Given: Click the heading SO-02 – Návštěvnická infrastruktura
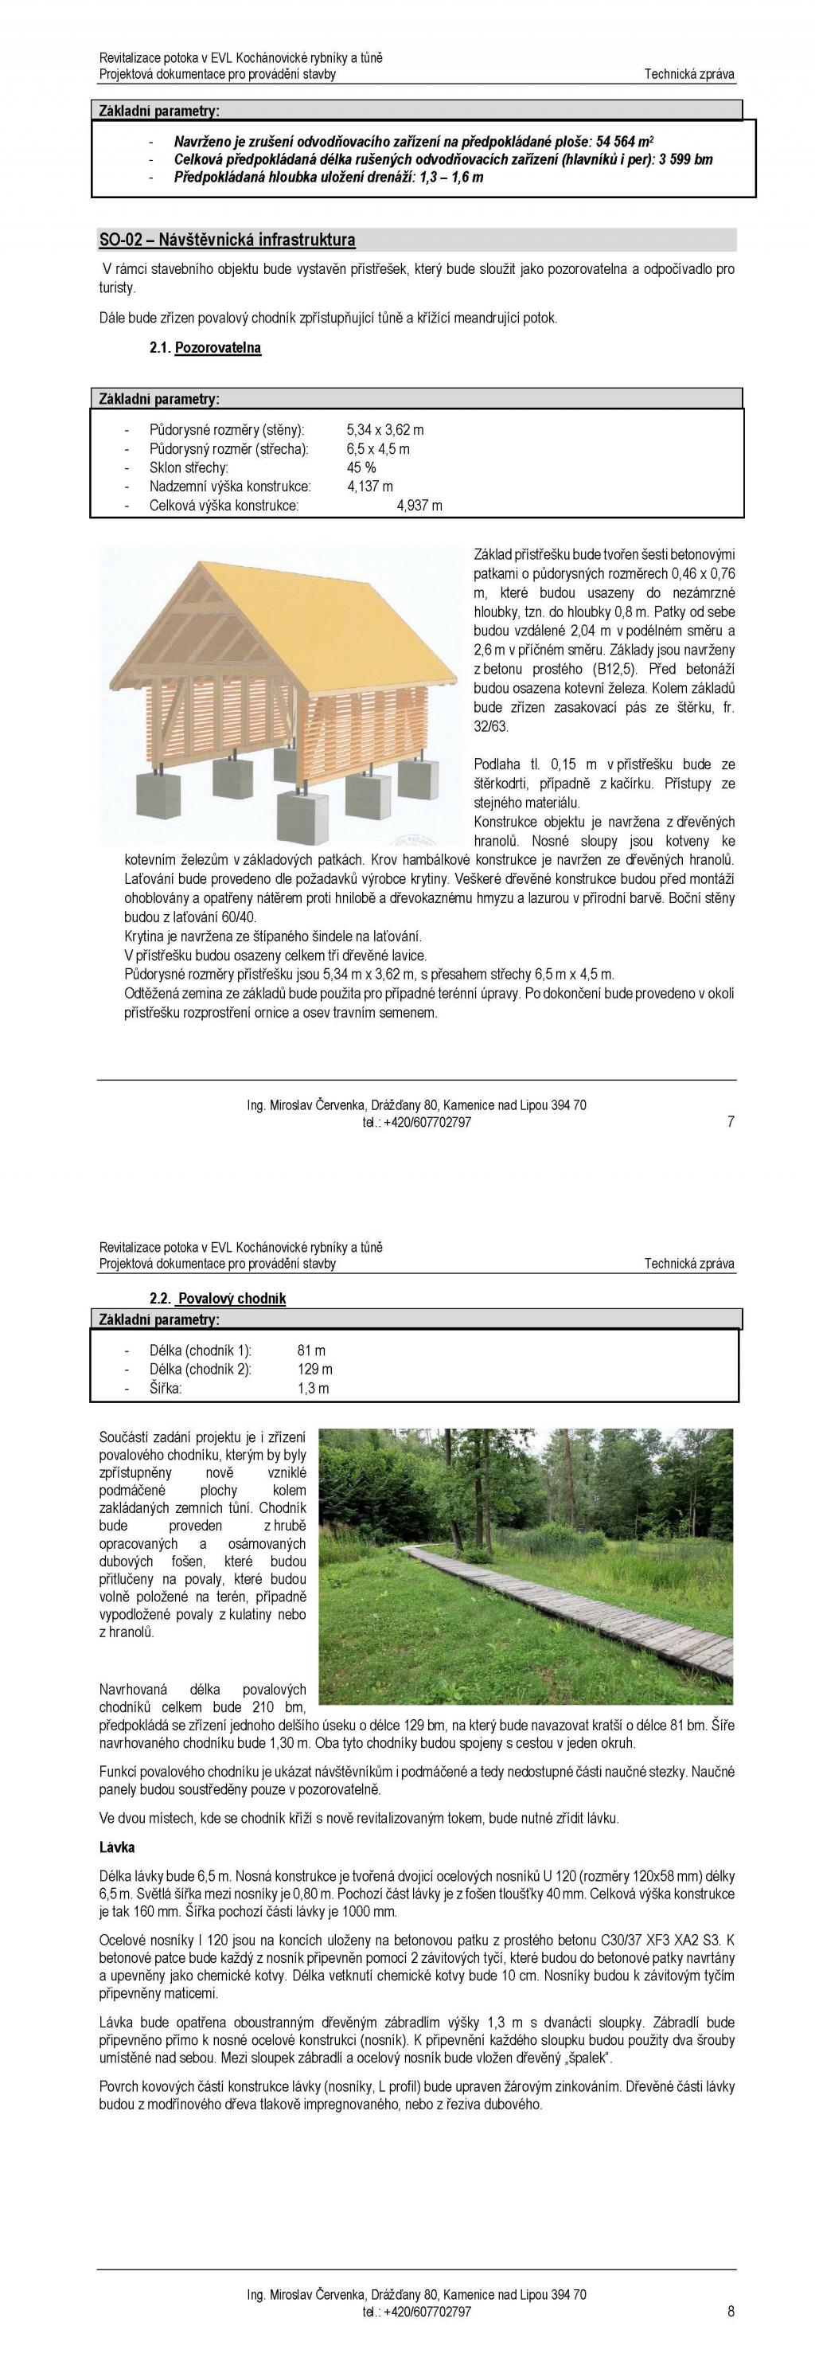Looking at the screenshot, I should click(x=227, y=240).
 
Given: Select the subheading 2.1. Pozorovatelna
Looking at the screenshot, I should click(x=205, y=348).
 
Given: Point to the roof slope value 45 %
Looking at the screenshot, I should click(x=361, y=467).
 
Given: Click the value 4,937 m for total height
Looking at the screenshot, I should click(x=419, y=505).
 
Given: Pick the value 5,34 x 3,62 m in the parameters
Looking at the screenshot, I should click(x=384, y=430).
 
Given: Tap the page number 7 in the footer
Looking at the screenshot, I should click(x=731, y=1121).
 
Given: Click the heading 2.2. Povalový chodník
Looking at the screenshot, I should click(x=218, y=1298).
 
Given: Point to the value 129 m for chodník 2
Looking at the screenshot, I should click(x=315, y=1369).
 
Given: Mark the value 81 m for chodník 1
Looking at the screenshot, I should click(x=311, y=1351).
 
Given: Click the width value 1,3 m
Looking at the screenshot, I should click(x=313, y=1388).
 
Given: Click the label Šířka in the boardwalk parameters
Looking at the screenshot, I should click(x=166, y=1388).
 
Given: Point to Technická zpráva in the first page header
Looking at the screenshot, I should click(x=688, y=74).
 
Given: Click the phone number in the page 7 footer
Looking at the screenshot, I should click(x=417, y=1122).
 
